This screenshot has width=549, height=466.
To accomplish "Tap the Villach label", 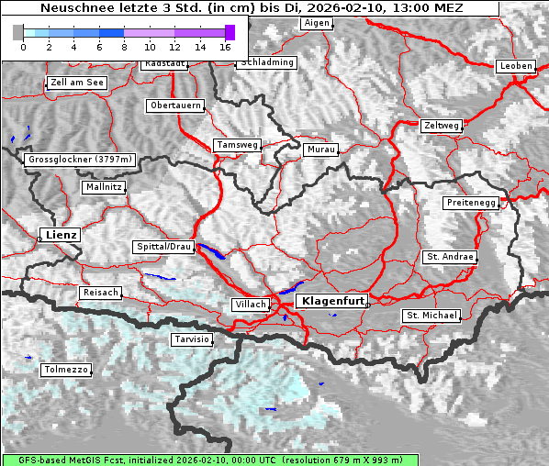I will click(x=250, y=304).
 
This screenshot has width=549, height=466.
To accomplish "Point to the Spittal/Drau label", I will click(x=163, y=247).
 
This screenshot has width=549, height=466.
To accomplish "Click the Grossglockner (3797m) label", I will click(x=81, y=160).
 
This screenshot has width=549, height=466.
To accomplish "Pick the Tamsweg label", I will click(x=236, y=145).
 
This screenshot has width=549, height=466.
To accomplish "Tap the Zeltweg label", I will click(x=441, y=125).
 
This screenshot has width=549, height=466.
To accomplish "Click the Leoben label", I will click(x=514, y=66).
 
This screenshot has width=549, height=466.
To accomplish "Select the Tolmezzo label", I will click(x=66, y=370).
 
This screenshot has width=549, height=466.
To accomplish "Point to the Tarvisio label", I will click(x=192, y=339).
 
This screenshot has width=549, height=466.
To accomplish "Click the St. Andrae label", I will click(x=449, y=257).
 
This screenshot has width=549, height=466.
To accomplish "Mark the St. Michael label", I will click(x=431, y=316).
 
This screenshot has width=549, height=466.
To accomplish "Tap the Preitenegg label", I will click(x=471, y=202).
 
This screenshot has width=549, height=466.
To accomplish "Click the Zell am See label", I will click(x=76, y=83).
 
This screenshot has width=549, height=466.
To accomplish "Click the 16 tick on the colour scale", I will click(x=225, y=46).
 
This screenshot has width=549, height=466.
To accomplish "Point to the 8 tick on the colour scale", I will click(x=124, y=46).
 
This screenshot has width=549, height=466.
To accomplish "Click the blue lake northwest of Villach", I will click(x=210, y=251).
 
